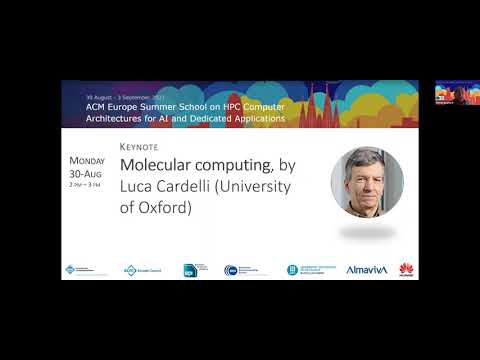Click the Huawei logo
[x=406, y=268]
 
